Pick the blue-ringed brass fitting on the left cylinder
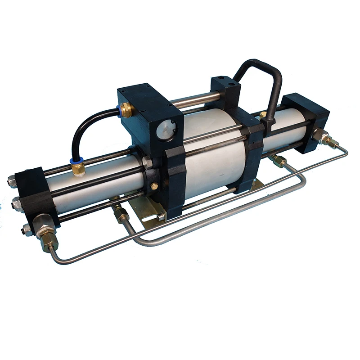tap(78, 168)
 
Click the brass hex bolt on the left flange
tap(154, 186)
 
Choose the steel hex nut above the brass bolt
tap(147, 162)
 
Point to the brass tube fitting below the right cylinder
tap(279, 161)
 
